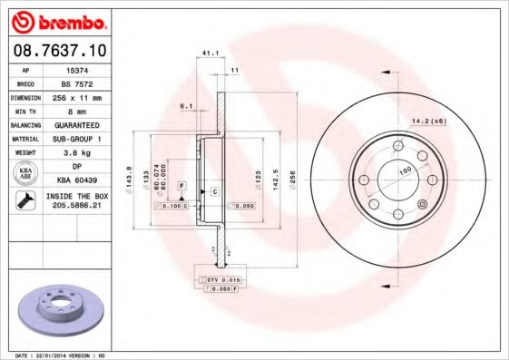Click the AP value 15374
(79, 69)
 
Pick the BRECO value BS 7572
(79, 83)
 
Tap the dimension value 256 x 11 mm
(79, 96)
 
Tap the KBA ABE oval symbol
(25, 173)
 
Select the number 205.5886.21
(79, 207)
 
